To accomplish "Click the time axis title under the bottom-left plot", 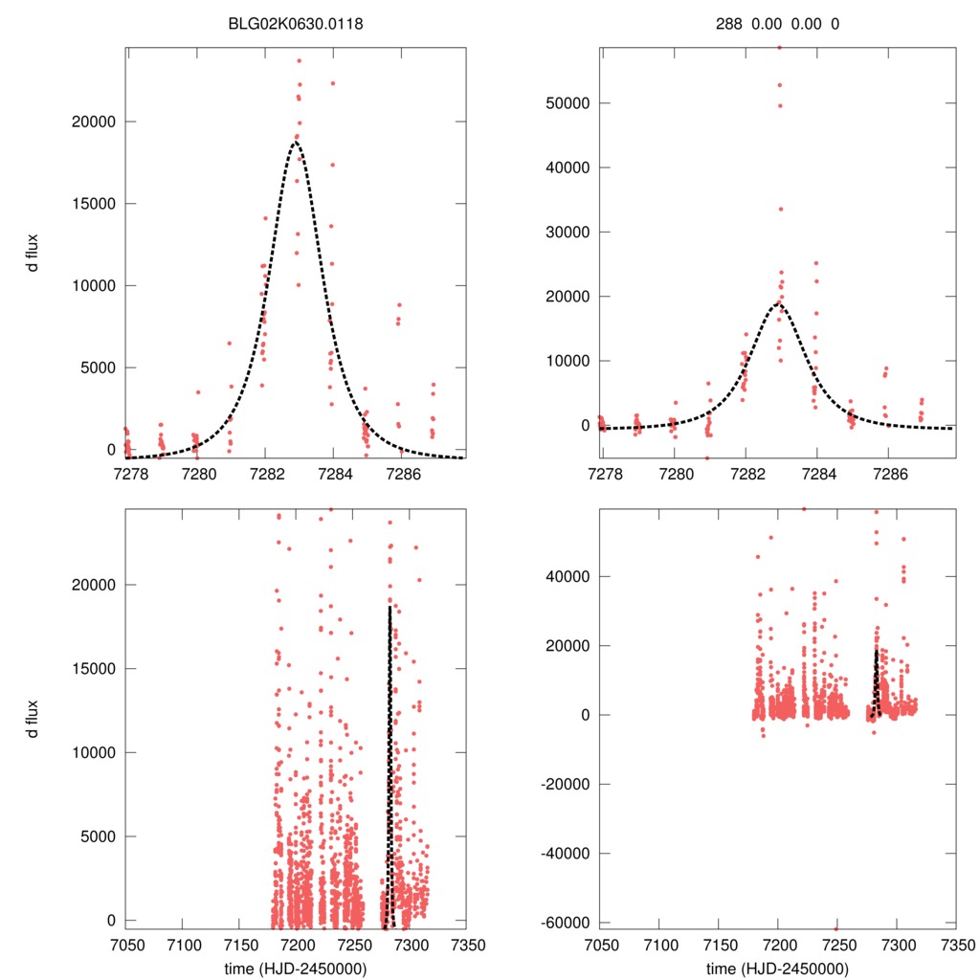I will (x=296, y=968).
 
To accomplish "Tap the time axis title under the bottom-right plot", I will (x=777, y=968).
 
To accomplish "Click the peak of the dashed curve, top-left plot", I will (x=296, y=142).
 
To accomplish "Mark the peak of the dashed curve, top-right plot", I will (x=778, y=303).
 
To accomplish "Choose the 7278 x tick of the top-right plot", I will (x=602, y=473).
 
